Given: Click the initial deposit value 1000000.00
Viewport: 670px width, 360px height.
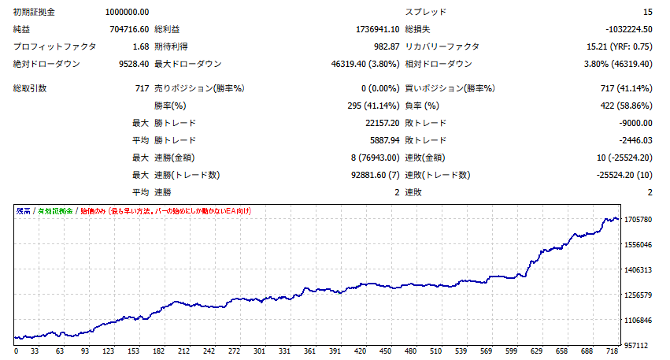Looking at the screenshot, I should [127, 12].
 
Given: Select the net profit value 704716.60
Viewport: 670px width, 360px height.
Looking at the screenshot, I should [129, 29].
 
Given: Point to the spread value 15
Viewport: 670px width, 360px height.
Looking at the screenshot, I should [647, 12].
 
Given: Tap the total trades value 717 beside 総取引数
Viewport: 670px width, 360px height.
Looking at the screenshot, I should [142, 88].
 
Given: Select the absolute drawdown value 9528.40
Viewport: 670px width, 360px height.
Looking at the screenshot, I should [132, 64].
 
